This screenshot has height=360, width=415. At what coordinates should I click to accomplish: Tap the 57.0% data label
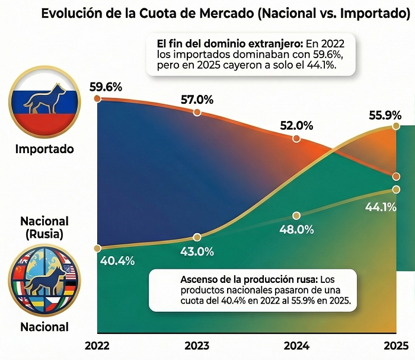[x=197, y=99]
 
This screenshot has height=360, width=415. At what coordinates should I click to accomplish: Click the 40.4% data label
[x=117, y=260]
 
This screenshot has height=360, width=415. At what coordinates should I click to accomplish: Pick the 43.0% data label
[x=197, y=251]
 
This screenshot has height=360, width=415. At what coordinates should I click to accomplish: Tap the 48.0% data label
[x=296, y=229]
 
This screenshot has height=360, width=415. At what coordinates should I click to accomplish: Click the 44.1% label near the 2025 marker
[x=379, y=208]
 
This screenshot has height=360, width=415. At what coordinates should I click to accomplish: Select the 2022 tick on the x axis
[x=97, y=345]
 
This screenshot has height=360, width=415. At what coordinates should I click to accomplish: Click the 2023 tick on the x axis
[x=197, y=345]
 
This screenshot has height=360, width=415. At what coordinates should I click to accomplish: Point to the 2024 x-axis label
[x=296, y=345]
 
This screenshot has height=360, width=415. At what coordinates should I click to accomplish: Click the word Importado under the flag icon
[x=44, y=149]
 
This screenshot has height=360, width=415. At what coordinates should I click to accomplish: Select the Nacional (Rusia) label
[x=44, y=228]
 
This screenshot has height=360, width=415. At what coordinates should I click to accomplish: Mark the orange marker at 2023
[x=197, y=113]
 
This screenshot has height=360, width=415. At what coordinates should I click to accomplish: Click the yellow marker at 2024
[x=296, y=215]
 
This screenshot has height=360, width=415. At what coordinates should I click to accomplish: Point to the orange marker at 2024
[x=296, y=139]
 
